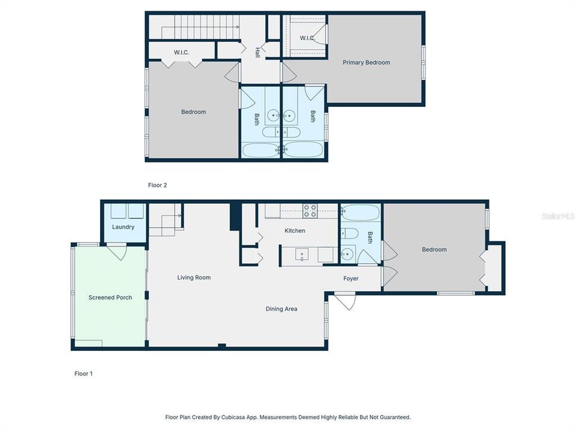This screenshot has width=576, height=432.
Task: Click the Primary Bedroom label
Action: tap(366, 62)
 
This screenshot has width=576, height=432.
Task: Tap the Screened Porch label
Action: tap(110, 298)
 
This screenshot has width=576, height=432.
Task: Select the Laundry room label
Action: tap(123, 227)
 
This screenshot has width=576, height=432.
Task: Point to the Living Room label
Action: tap(194, 278)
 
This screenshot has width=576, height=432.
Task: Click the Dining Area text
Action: tap(281, 309)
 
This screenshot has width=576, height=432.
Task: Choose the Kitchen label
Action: tap(295, 231)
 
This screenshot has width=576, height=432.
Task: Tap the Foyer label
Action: tap(350, 279)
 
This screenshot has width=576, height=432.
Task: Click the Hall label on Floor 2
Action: tap(257, 52)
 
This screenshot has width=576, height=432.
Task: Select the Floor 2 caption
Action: tap(157, 185)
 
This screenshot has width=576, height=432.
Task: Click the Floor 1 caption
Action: tap(83, 374)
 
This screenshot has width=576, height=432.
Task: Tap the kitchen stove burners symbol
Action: tap(310, 211)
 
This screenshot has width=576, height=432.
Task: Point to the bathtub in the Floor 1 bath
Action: tap(360, 213)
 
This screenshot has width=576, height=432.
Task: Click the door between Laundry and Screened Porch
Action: tap(117, 251)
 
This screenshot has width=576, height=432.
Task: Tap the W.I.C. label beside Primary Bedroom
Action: tap(307, 38)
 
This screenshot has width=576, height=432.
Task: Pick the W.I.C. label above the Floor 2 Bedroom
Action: tap(181, 53)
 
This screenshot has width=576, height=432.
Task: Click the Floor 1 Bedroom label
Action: tap(434, 250)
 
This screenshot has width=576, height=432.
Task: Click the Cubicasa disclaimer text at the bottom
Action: tap(287, 417)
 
